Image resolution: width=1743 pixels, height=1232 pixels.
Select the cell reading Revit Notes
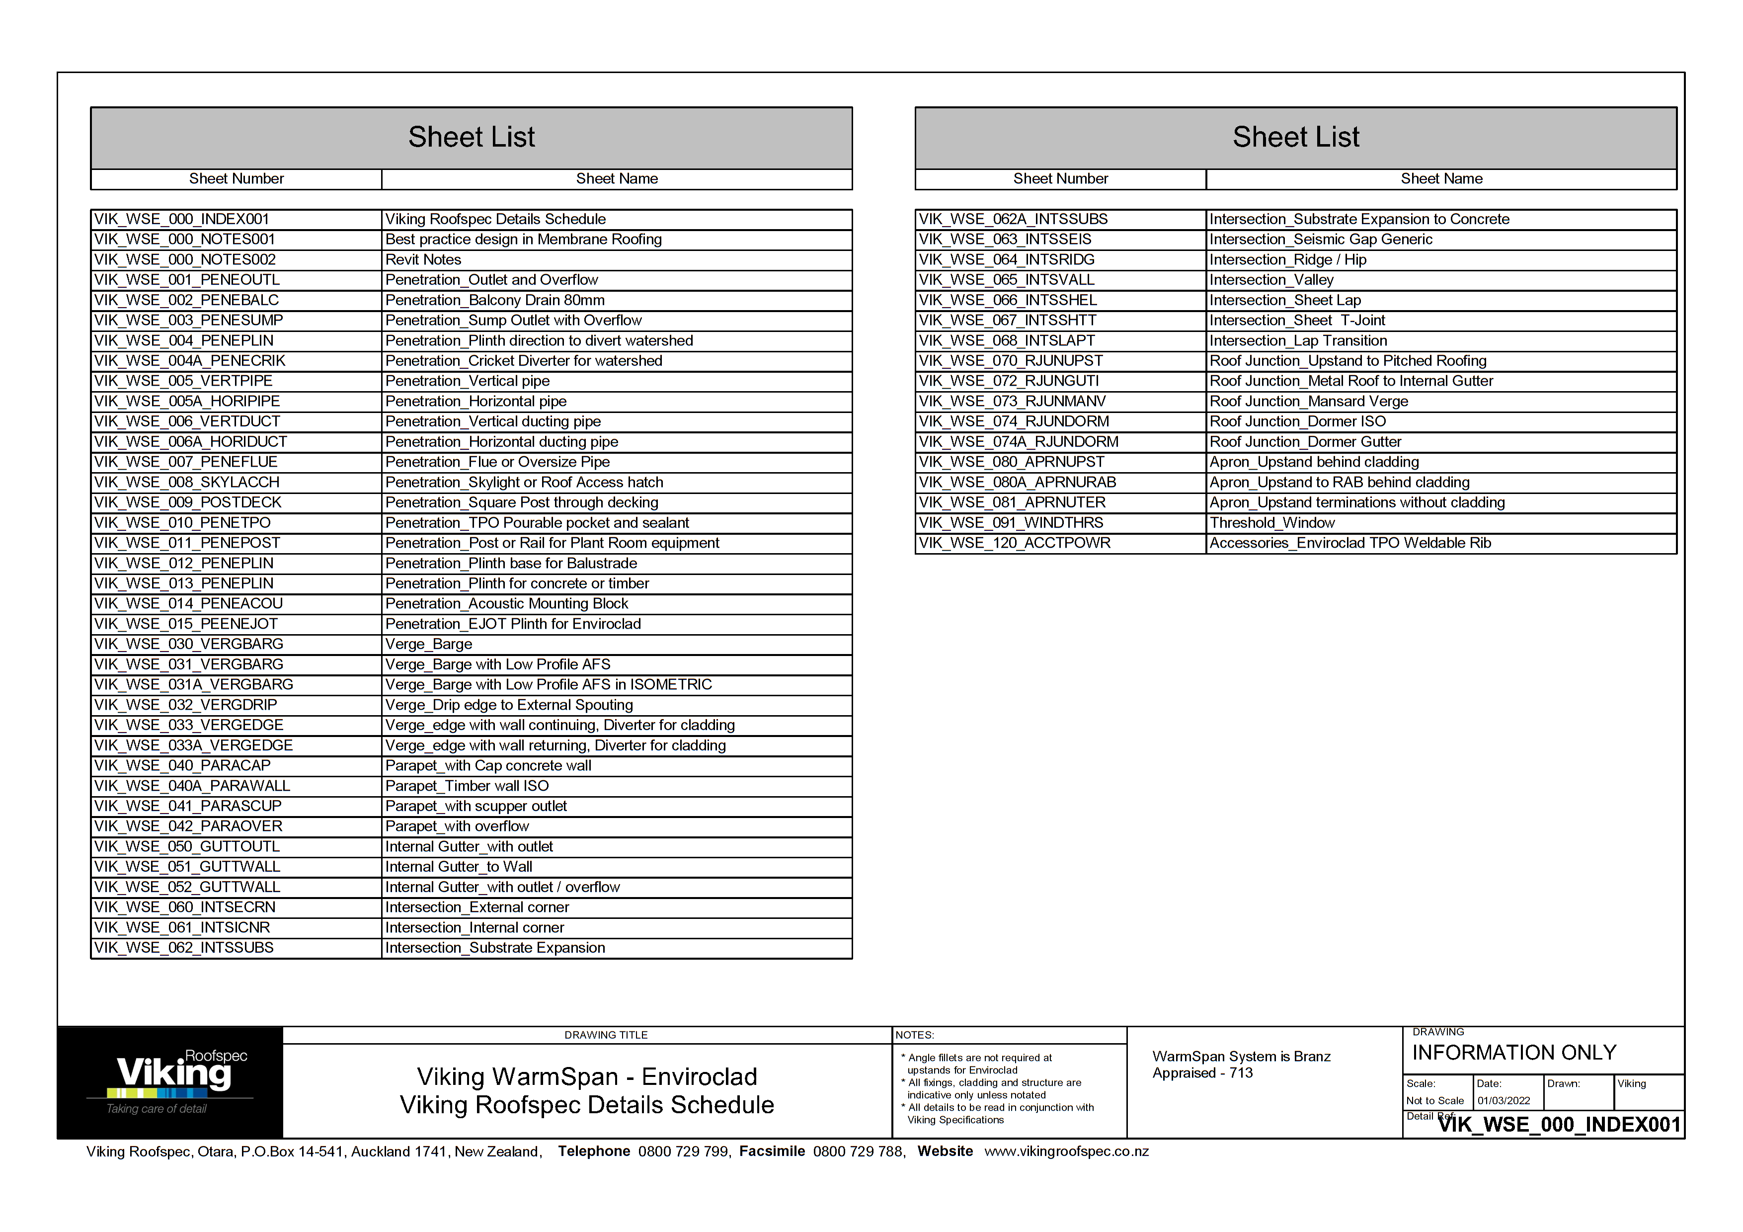tap(423, 259)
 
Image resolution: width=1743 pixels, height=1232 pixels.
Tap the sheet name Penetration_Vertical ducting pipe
tap(493, 421)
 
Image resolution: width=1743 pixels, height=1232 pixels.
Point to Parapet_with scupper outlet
tap(476, 806)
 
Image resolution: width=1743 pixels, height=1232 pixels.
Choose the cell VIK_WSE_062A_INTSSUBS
tap(1013, 219)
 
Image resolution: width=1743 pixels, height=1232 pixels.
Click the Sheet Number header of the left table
tap(236, 179)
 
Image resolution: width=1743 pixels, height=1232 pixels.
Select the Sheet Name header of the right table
tap(1441, 179)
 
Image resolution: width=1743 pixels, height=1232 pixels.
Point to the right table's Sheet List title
tap(1295, 137)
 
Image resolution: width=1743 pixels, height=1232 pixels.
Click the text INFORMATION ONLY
tap(1514, 1053)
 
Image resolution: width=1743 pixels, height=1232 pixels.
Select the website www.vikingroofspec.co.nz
tap(1066, 1151)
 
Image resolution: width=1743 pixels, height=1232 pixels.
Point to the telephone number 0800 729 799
tap(683, 1151)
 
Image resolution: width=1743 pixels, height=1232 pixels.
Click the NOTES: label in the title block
tap(915, 1035)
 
